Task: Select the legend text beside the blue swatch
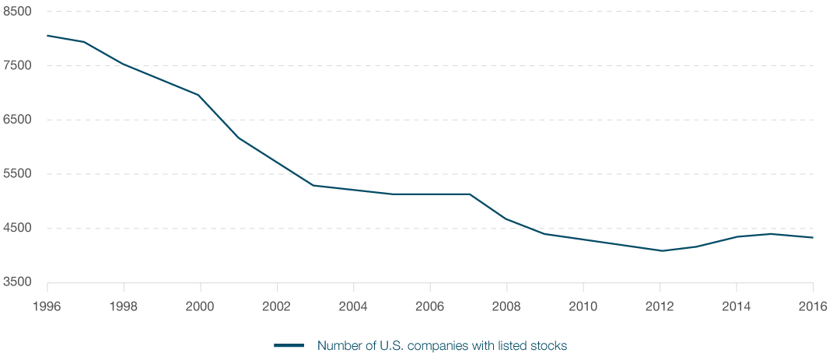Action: click(443, 345)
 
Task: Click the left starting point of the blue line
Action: click(45, 34)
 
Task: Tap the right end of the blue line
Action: click(814, 237)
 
